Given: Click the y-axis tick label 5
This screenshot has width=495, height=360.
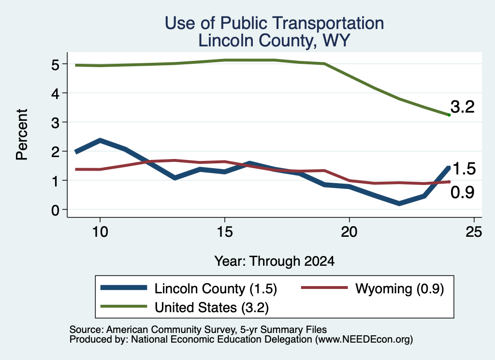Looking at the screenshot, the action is (55, 65).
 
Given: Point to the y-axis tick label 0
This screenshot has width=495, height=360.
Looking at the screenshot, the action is (55, 210).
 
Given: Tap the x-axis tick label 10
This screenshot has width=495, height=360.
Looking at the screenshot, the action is (100, 232).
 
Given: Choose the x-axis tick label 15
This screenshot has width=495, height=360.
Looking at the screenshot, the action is (225, 232).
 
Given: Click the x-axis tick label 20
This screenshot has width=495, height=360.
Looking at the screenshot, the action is (349, 232).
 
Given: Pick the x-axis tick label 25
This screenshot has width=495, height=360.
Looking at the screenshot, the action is (474, 232).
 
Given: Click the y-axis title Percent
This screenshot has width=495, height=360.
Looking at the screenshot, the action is (22, 135).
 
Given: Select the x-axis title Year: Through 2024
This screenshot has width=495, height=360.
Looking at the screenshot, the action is (275, 261).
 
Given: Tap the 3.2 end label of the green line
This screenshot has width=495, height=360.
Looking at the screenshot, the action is (463, 107).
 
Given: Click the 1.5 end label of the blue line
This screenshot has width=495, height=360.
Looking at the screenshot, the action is (464, 169).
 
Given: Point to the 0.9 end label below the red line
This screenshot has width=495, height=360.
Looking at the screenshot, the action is (463, 192).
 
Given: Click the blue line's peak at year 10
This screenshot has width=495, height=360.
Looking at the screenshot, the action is (100, 140).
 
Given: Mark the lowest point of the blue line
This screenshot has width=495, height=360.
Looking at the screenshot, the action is (399, 203).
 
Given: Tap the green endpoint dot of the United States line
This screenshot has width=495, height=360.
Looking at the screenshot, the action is (449, 115).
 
